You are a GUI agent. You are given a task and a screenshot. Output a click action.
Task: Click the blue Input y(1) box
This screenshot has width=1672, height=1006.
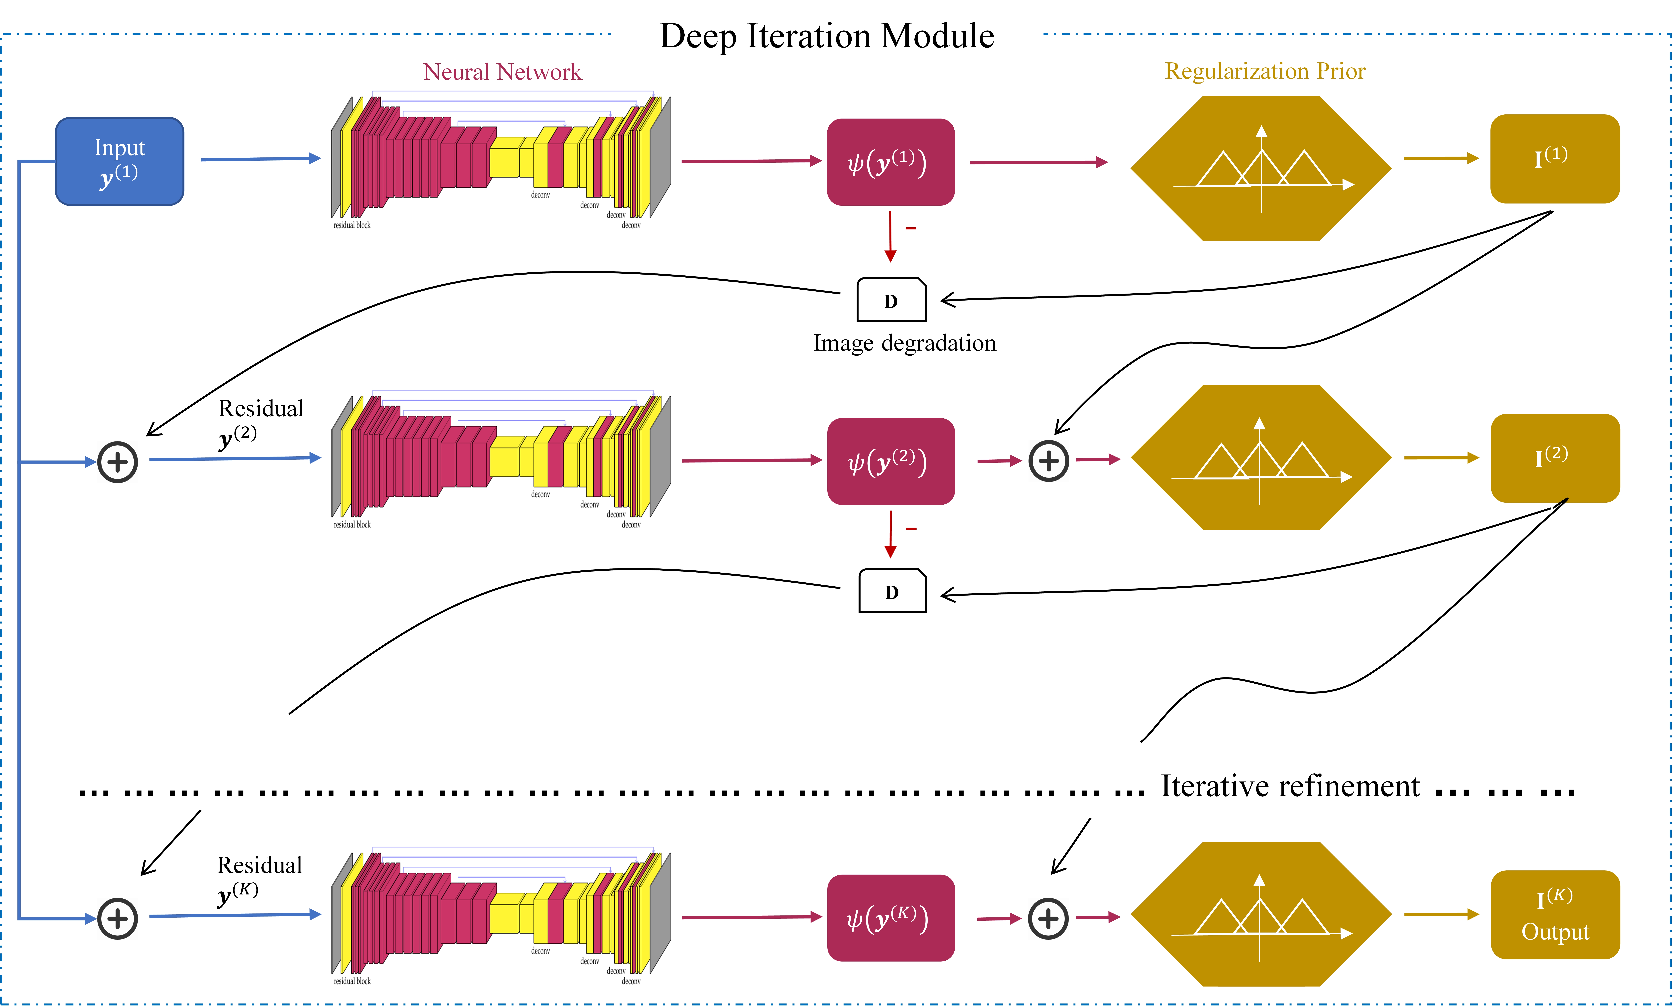[119, 161]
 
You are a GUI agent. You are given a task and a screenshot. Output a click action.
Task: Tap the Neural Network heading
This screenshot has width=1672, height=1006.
[502, 72]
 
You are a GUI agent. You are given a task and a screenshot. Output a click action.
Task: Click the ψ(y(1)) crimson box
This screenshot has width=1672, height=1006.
[890, 162]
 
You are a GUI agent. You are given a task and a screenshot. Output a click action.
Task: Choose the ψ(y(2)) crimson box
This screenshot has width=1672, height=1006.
[890, 462]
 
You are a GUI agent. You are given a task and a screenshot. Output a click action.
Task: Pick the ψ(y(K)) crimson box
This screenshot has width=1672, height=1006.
[890, 918]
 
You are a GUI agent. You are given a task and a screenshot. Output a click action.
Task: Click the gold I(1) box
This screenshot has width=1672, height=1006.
[1554, 159]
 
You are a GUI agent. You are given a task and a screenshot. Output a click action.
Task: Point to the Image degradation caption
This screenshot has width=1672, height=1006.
[905, 343]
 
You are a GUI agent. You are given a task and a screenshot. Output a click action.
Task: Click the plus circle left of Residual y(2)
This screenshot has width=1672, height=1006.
[118, 462]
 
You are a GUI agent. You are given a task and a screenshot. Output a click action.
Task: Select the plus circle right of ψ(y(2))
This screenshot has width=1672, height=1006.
[1048, 461]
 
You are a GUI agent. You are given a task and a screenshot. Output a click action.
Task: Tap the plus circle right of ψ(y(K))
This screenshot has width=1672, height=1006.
[1048, 918]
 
